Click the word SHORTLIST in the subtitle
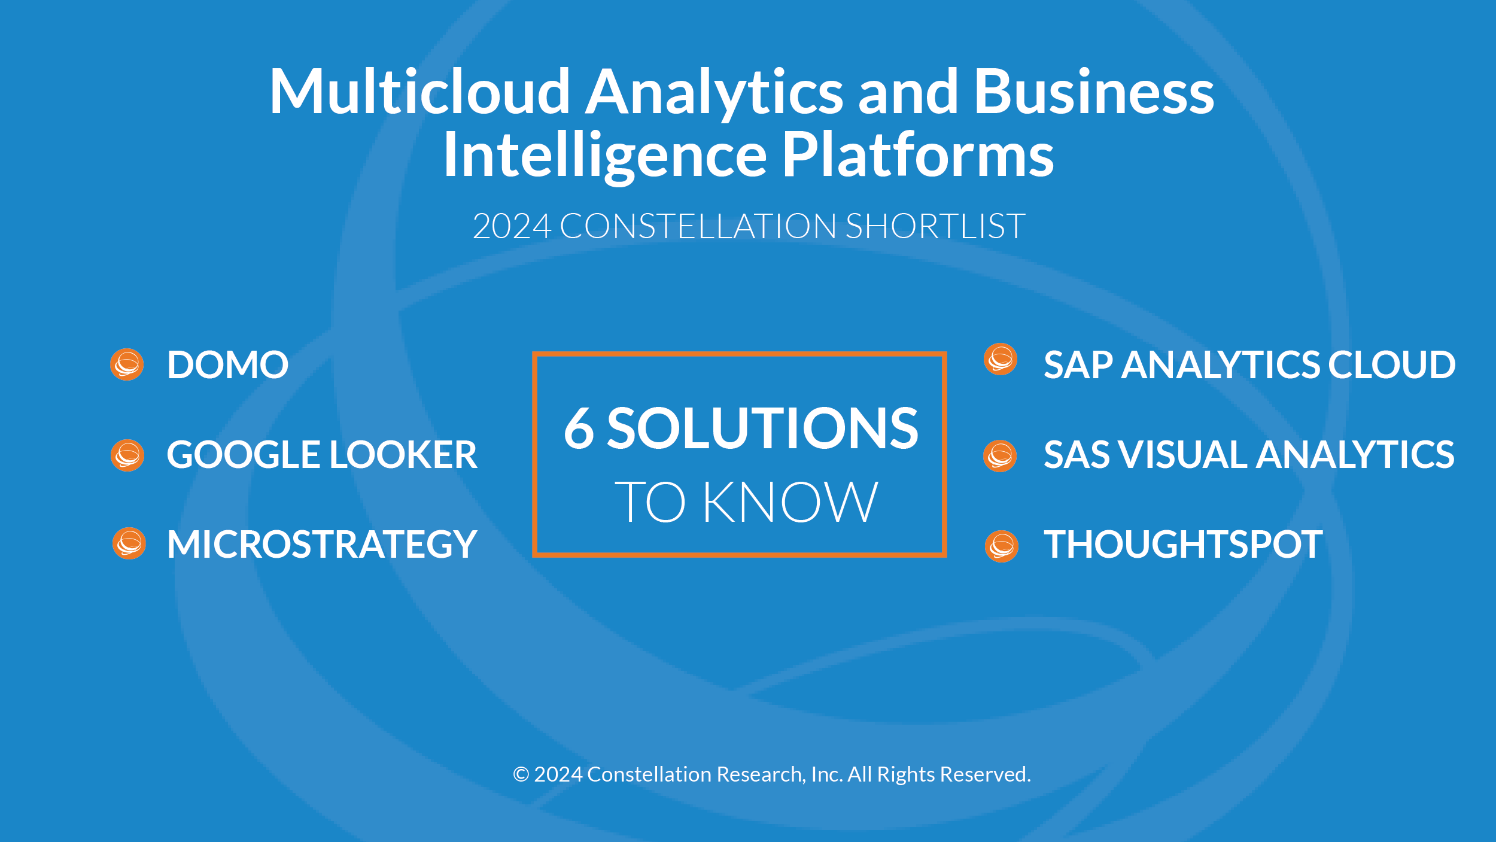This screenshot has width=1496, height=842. [x=935, y=226]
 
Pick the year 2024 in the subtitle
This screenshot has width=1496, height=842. [x=512, y=226]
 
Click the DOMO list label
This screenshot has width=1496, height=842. [x=228, y=364]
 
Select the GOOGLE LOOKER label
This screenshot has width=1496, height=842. [x=322, y=454]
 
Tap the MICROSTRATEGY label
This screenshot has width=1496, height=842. [x=322, y=544]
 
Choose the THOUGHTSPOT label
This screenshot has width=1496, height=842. [x=1183, y=544]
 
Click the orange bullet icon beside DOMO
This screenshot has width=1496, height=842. [x=127, y=364]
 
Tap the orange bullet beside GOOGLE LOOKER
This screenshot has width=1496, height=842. [x=127, y=455]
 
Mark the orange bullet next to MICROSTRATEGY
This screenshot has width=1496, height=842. [x=129, y=543]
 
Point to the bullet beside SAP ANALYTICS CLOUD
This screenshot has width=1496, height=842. [x=1001, y=359]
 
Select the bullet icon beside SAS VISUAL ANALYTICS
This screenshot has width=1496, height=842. [x=1000, y=456]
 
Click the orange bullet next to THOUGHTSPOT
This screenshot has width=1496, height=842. [x=1002, y=546]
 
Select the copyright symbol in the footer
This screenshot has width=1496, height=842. [x=521, y=774]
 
